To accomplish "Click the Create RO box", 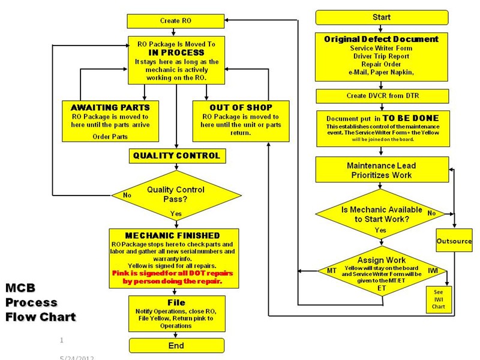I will point(176,20).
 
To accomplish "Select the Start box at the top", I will point(382,17).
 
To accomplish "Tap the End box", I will point(176,346).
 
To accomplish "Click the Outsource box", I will point(454,241).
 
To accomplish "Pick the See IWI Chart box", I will point(439,298).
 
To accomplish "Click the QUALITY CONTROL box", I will point(176,156).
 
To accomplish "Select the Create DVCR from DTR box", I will point(382,96).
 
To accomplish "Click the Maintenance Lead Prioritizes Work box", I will point(382,170).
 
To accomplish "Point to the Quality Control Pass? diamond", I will point(176,194).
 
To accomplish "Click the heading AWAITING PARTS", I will point(106,107).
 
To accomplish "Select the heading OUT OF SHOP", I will point(241,107).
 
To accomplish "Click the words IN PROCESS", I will point(176,52).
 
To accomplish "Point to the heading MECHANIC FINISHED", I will point(172,235).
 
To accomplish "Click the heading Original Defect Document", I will point(382,39).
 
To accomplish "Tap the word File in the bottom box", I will point(176,302).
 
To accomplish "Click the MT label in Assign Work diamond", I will point(331,271).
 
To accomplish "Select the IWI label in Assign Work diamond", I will point(433,271).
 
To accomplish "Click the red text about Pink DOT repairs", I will point(172,277).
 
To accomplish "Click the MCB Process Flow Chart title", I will point(40,302).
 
